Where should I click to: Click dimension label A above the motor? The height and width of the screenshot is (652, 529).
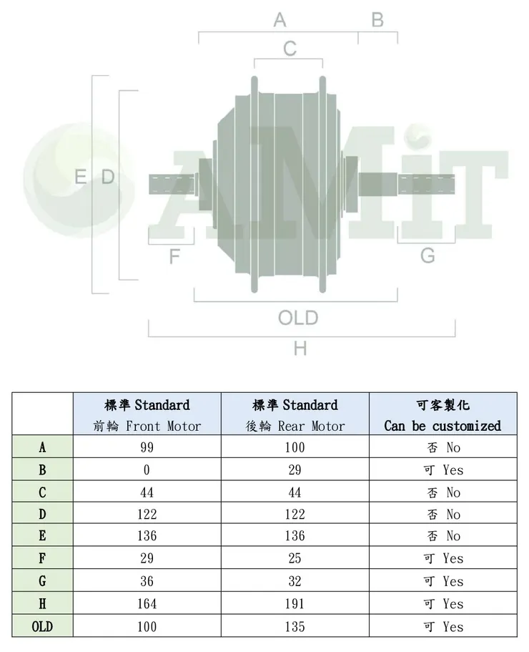[x=280, y=20]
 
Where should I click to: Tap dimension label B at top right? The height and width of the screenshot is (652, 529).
[x=377, y=20]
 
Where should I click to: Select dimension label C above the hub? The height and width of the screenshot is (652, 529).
[x=290, y=49]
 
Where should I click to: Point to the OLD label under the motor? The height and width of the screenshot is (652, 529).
[x=298, y=318]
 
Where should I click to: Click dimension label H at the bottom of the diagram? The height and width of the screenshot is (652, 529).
[x=300, y=349]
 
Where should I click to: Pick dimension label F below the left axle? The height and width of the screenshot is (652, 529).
[x=174, y=256]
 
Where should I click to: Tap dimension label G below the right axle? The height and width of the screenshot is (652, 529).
[x=427, y=256]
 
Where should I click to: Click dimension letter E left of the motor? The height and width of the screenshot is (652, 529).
[x=81, y=177]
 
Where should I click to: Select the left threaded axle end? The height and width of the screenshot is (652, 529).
[x=171, y=184]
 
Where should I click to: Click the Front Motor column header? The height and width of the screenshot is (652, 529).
[x=147, y=415]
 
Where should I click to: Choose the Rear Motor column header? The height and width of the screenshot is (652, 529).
[x=295, y=415]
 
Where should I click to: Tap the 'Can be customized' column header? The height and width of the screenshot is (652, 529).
[x=443, y=415]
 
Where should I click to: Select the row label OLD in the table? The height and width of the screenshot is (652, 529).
[x=42, y=626]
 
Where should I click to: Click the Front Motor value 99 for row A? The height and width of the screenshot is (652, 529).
[x=147, y=448]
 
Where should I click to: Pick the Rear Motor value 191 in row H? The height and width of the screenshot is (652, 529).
[x=295, y=604]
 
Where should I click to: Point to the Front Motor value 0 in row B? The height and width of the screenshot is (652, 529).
[x=147, y=470]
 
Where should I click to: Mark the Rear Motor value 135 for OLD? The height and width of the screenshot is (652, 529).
[x=295, y=626]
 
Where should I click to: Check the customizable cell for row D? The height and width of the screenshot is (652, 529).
[x=443, y=515]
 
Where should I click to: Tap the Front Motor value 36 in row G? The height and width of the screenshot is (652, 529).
[x=147, y=581]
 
